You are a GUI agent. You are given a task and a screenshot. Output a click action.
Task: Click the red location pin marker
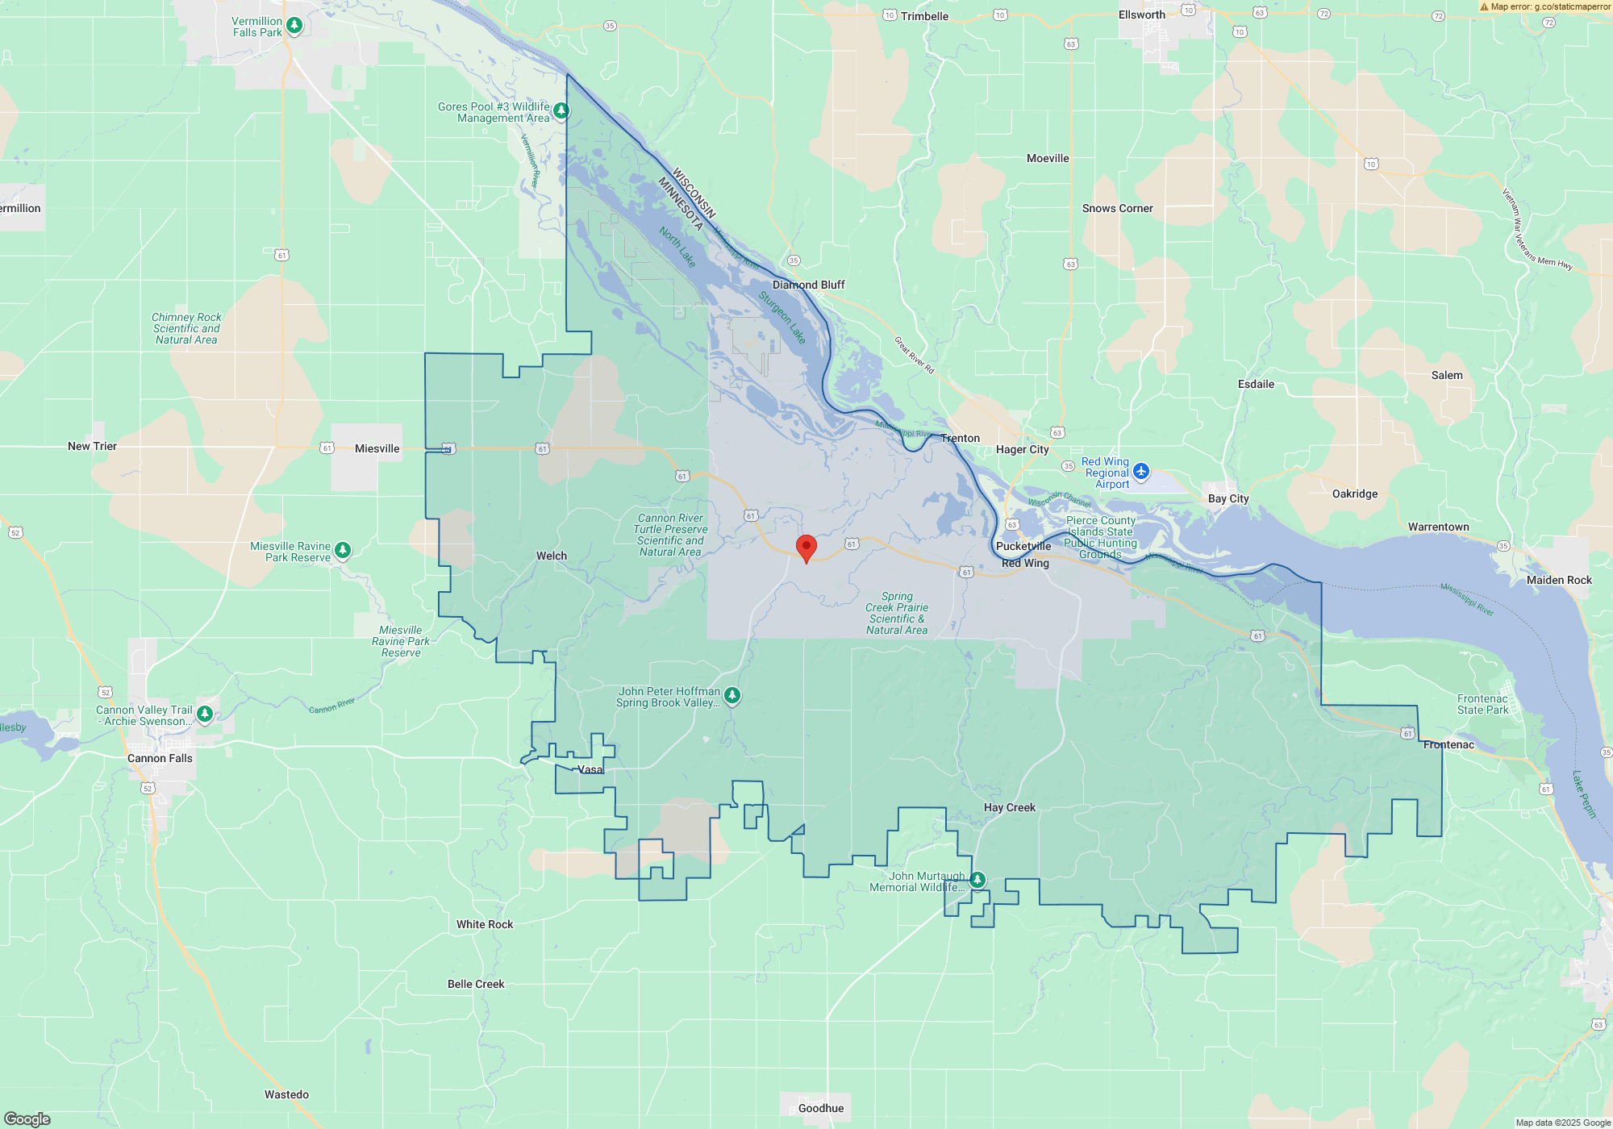(806, 548)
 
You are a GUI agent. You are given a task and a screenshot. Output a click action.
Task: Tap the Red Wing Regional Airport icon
(1140, 471)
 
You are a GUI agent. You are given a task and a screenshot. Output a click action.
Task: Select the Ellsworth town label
(1141, 15)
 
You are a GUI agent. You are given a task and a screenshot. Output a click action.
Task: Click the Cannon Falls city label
(160, 758)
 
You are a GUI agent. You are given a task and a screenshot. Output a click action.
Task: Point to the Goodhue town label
(820, 1108)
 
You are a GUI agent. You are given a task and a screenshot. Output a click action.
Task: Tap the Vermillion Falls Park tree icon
(294, 26)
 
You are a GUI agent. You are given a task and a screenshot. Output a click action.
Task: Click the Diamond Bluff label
(808, 285)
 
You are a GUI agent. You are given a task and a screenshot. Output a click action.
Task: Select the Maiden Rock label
(1559, 580)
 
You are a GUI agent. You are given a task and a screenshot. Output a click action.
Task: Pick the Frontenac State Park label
(1482, 704)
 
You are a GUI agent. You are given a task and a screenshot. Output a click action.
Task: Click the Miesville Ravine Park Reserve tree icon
(343, 550)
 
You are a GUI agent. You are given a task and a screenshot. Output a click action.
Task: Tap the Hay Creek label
(1009, 807)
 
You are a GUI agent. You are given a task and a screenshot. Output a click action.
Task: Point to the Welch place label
(552, 556)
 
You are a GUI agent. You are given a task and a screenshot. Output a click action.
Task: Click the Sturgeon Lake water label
(782, 318)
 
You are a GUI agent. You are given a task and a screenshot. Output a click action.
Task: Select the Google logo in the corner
(27, 1119)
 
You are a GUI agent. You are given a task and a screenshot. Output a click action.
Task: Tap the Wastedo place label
(286, 1094)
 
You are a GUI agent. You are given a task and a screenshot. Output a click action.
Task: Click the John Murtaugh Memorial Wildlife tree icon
(977, 879)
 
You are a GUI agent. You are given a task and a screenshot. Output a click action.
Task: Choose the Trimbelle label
(924, 16)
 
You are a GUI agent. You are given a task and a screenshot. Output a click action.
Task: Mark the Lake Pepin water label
(1584, 794)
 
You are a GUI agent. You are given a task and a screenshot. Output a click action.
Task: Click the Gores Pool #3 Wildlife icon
(561, 110)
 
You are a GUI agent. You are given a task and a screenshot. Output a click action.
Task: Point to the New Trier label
(92, 446)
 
